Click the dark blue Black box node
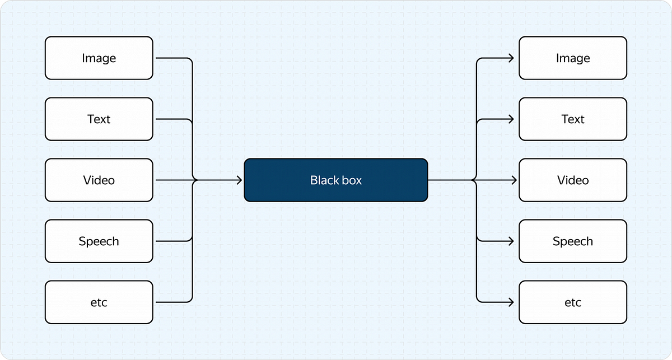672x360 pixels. coord(336,180)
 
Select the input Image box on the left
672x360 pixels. coord(99,58)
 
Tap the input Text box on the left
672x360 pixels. coord(99,119)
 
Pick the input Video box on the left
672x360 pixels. coord(99,180)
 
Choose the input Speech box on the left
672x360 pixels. coord(99,241)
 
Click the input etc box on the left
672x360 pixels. coord(99,302)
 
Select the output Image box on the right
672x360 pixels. coord(572,58)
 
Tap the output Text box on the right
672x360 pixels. coord(572,119)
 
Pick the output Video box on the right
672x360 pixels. coord(572,180)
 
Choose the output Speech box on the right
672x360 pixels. coord(572,241)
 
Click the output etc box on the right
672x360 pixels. coord(572,302)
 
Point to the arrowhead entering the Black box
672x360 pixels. coord(239,180)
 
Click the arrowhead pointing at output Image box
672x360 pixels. coord(511,58)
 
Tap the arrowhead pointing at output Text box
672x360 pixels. coord(511,119)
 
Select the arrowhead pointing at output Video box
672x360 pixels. coord(511,180)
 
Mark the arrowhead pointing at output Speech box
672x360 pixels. coord(511,241)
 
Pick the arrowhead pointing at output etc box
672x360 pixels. coord(511,302)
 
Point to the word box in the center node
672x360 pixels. coord(352,180)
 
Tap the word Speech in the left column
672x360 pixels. coord(99,241)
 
